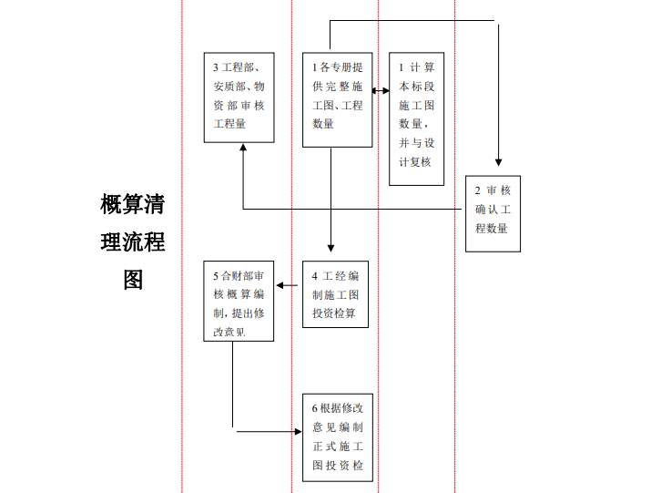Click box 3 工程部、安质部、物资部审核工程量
(x=239, y=97)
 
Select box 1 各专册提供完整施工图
(x=337, y=99)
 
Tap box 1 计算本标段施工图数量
(x=417, y=118)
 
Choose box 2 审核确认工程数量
(x=493, y=213)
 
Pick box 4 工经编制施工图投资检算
(x=335, y=294)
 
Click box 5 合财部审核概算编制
(x=239, y=302)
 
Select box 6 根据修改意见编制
(x=338, y=437)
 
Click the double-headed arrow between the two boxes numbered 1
(x=381, y=90)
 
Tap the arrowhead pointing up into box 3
(x=243, y=148)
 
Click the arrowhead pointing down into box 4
(x=330, y=254)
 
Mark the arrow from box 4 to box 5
(x=288, y=286)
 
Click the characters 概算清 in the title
(x=132, y=203)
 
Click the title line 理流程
(x=132, y=241)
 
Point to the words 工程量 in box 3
(x=229, y=124)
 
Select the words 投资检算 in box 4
(x=334, y=313)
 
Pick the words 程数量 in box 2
(x=492, y=229)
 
